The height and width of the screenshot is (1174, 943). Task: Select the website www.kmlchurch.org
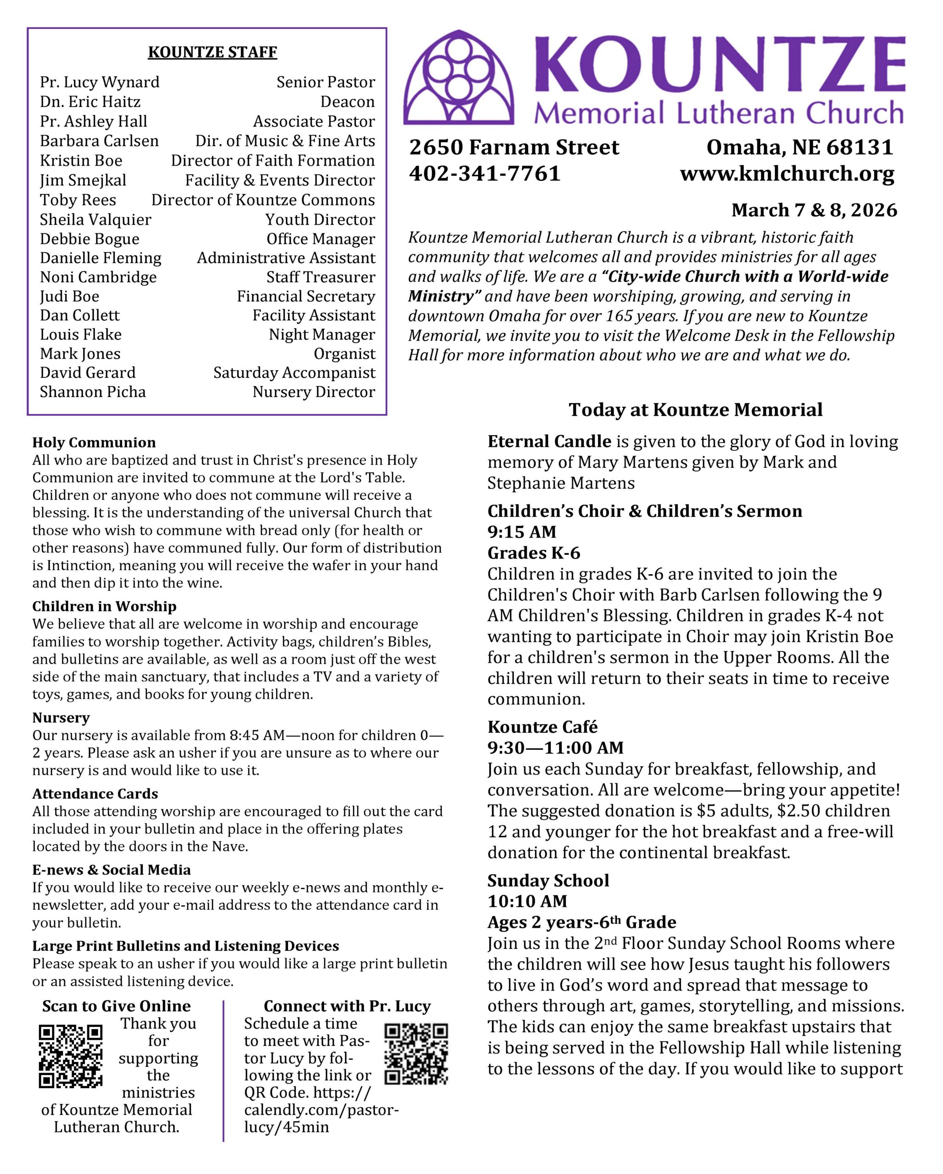(787, 174)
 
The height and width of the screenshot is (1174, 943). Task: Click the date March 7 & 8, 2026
(814, 210)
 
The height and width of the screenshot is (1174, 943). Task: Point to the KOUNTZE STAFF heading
(212, 52)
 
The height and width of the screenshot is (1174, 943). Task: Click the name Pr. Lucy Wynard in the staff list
(100, 82)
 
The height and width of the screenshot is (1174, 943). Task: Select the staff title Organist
(344, 354)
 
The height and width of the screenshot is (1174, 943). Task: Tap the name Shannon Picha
(93, 392)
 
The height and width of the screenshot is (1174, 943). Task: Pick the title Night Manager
(321, 335)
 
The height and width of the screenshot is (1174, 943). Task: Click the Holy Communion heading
(94, 442)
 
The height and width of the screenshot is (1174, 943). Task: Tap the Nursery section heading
(61, 718)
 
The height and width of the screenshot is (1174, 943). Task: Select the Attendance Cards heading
(95, 794)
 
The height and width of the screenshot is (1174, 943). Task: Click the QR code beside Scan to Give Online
(71, 1057)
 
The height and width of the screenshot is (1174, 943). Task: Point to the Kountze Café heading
(542, 727)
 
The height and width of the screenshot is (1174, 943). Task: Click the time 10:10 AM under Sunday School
(527, 901)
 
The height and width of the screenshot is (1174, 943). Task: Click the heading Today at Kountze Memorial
(696, 410)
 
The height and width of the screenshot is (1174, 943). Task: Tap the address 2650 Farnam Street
(514, 148)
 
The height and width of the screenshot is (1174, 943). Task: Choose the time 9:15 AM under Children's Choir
(521, 532)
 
